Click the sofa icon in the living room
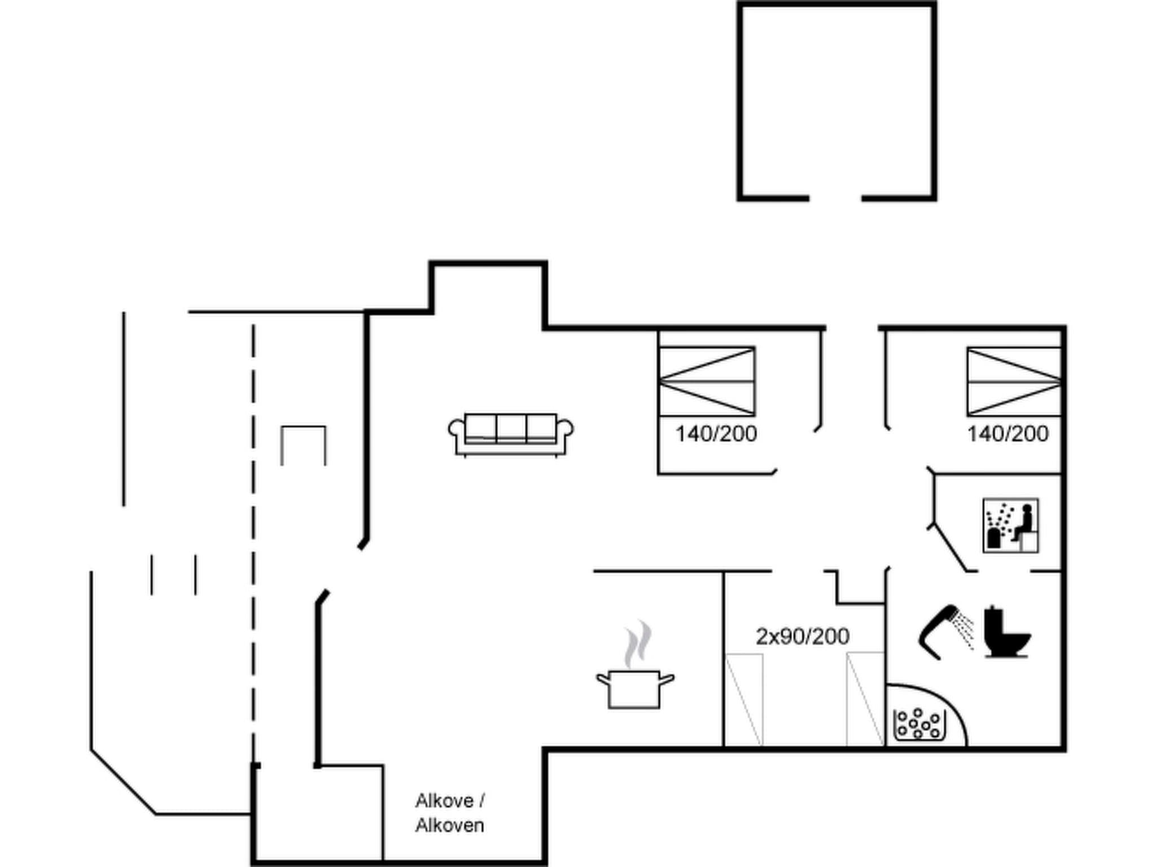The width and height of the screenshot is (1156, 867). pyautogui.click(x=511, y=434)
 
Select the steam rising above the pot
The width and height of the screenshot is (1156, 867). pyautogui.click(x=638, y=643)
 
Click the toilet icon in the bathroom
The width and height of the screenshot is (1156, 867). pyautogui.click(x=1006, y=632)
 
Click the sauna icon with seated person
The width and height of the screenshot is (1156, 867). pyautogui.click(x=1010, y=525)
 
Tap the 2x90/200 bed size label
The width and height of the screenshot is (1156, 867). pyautogui.click(x=802, y=637)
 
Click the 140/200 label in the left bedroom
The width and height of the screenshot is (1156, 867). pyautogui.click(x=716, y=434)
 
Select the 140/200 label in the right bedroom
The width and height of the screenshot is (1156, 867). pyautogui.click(x=1008, y=434)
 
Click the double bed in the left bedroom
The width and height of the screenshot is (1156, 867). pyautogui.click(x=707, y=382)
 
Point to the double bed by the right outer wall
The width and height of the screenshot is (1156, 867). pyautogui.click(x=1014, y=382)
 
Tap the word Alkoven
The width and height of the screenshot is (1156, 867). pyautogui.click(x=449, y=825)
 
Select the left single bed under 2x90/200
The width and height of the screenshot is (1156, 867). pyautogui.click(x=744, y=700)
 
